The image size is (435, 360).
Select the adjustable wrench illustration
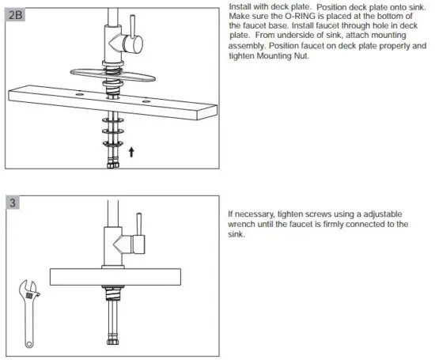click(x=31, y=310)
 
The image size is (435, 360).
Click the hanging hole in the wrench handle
click(x=28, y=342)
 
